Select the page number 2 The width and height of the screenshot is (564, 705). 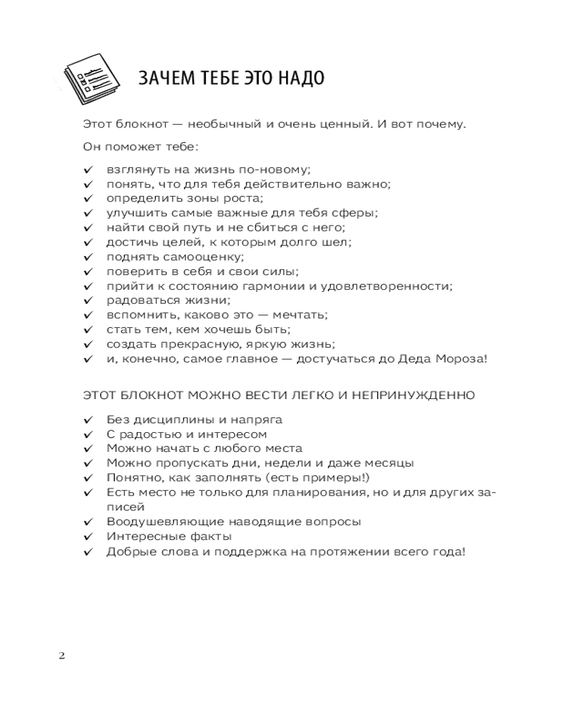pos(61,656)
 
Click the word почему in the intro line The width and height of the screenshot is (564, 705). pos(436,125)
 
